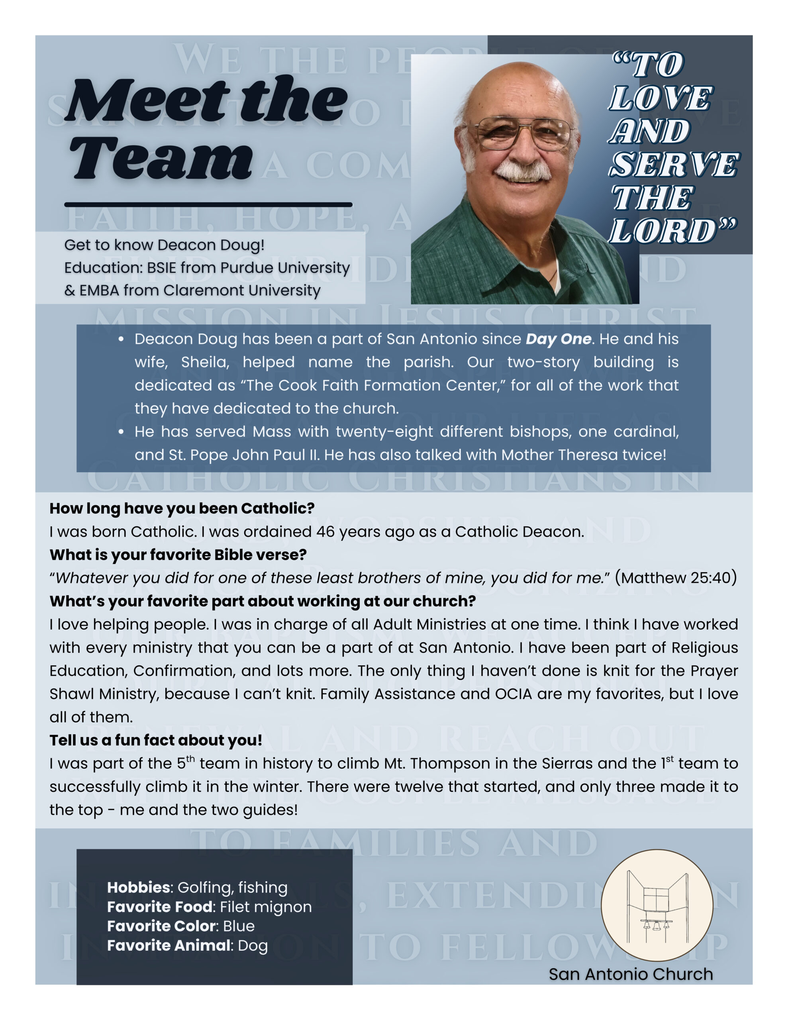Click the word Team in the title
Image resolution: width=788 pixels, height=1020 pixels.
(161, 158)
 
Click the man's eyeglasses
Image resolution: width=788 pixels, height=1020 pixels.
(525, 133)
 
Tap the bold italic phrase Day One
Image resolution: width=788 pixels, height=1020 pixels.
(558, 339)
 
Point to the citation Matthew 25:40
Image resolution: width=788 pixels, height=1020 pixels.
(675, 578)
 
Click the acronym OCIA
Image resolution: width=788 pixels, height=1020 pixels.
(514, 694)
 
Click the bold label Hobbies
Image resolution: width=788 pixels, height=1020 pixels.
(139, 887)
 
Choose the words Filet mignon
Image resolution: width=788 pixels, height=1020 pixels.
(266, 906)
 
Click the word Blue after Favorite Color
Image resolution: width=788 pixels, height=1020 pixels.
(239, 926)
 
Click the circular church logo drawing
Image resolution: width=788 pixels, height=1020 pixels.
(657, 905)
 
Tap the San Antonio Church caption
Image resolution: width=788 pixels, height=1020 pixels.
(631, 974)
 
